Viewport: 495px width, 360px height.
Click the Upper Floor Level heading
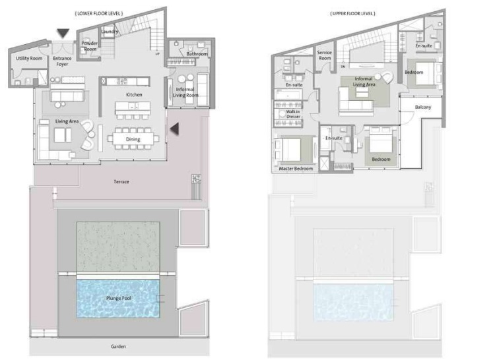[x=352, y=13]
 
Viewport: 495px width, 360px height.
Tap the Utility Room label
[x=28, y=59]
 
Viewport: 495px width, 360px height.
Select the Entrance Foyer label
[x=62, y=61]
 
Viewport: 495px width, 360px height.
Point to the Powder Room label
[x=90, y=46]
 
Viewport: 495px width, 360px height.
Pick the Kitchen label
[x=135, y=95]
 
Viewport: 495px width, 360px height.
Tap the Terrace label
[x=121, y=181]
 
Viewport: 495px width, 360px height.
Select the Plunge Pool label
[x=118, y=298]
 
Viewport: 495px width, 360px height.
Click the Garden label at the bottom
[x=118, y=346]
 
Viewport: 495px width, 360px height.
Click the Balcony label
[x=423, y=107]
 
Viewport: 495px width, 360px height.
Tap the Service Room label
[x=324, y=55]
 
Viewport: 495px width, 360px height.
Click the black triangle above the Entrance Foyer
[x=63, y=32]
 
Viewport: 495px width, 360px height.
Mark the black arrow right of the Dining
[x=175, y=130]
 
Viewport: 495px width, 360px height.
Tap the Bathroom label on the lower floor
[x=197, y=53]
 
